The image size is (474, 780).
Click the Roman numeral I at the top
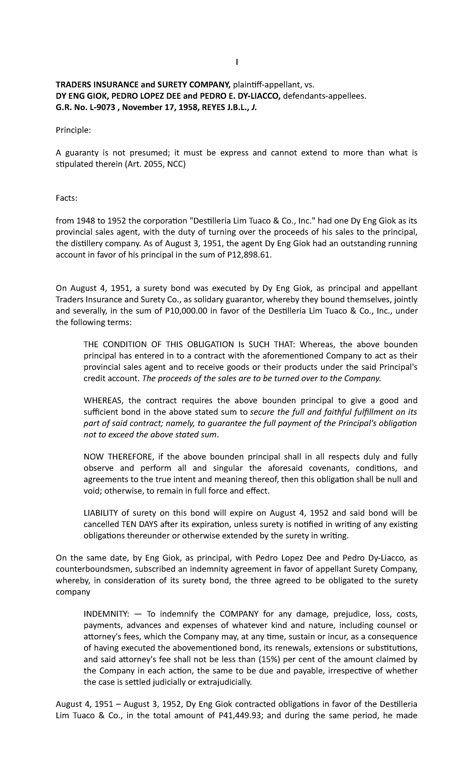pyautogui.click(x=237, y=62)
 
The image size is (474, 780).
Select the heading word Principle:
pyautogui.click(x=73, y=130)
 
